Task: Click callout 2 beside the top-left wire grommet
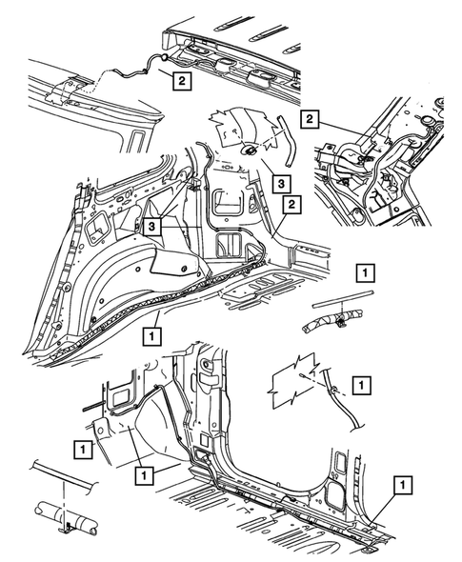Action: (180, 82)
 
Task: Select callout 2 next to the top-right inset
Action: (309, 118)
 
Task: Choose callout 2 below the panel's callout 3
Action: (291, 204)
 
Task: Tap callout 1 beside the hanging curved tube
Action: (361, 385)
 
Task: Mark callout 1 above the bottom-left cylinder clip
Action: (87, 446)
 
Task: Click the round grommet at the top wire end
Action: (164, 59)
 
